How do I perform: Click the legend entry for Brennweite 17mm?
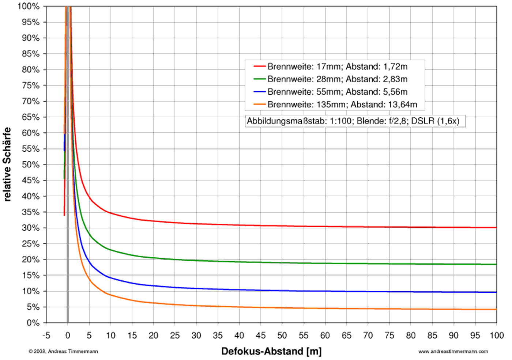pos(337,67)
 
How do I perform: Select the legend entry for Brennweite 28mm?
pos(337,79)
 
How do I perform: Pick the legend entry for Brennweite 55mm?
pos(337,92)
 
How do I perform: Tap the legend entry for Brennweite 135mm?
pos(342,105)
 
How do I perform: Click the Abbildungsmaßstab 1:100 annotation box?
pos(353,121)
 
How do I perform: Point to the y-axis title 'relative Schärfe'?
pos(7,164)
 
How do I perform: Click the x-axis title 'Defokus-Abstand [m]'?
pos(271,352)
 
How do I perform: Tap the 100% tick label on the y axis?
pos(29,6)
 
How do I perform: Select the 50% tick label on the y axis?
pos(31,164)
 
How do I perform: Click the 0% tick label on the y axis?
pos(33,323)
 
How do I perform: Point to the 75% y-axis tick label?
pos(31,86)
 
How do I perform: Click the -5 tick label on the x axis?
pos(46,336)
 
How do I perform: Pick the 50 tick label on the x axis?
pos(282,336)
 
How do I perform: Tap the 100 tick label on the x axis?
pos(497,336)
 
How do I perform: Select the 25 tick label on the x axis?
pos(175,336)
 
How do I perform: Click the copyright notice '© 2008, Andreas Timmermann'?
pos(63,352)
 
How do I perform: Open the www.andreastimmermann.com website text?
pos(453,352)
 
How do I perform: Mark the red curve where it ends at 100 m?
pos(496,227)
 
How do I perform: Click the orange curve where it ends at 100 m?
pos(496,309)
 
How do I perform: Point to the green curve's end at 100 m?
pos(496,264)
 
